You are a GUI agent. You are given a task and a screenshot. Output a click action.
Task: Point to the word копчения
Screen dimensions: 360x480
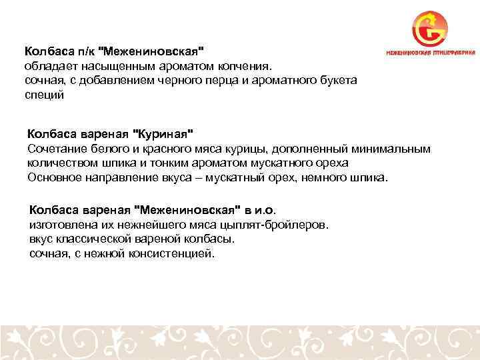pos(247,66)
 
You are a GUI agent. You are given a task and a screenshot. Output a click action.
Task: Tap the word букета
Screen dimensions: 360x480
pos(339,81)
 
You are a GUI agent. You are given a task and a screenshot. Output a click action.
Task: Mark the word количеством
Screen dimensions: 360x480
pos(61,163)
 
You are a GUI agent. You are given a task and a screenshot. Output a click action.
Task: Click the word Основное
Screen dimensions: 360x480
pos(55,178)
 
